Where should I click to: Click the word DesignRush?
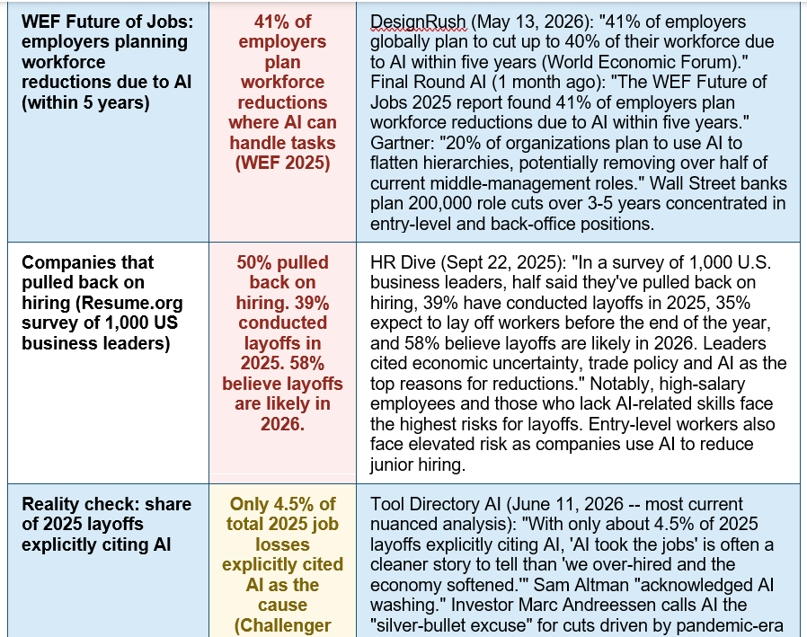click(x=418, y=22)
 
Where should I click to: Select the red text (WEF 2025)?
click(x=282, y=163)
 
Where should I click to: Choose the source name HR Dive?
click(x=402, y=262)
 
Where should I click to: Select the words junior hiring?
click(x=418, y=464)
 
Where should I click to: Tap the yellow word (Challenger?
click(x=282, y=625)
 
